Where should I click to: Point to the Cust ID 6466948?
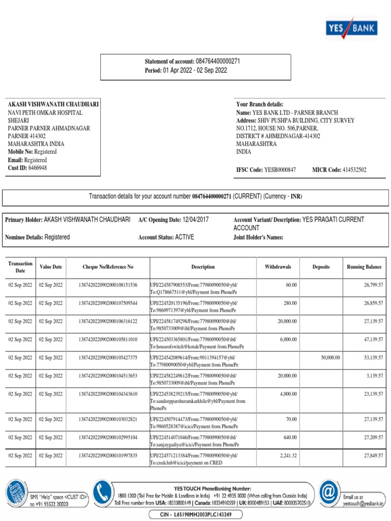tap(37, 167)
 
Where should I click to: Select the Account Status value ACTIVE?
tap(184, 237)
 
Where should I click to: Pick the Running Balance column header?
tap(364, 267)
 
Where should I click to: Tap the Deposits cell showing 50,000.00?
tap(330, 358)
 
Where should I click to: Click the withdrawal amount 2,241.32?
tap(288, 455)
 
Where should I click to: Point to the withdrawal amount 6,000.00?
tap(288, 339)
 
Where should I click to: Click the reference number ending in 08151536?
tap(108, 285)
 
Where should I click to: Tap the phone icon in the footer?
tap(101, 493)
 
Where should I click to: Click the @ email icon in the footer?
tap(329, 493)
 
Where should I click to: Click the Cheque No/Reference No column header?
tap(108, 267)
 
